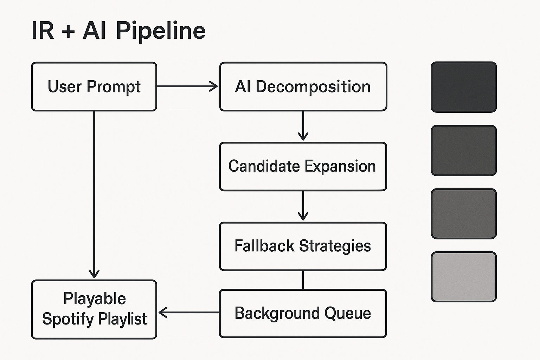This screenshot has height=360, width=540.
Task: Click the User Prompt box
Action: (x=94, y=86)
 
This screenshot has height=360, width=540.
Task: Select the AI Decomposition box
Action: (x=303, y=86)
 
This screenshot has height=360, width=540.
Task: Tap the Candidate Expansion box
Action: (x=303, y=166)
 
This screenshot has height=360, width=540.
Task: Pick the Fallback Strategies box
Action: (x=303, y=246)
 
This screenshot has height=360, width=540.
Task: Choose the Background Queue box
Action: (x=303, y=313)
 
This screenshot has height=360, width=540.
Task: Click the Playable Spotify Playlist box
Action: (x=94, y=309)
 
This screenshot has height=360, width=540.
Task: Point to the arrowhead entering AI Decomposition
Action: (x=214, y=86)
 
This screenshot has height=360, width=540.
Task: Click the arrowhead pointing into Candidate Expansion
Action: (x=303, y=136)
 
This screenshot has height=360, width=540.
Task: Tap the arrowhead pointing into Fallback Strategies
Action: (x=303, y=216)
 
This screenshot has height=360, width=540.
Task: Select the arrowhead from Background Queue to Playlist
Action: (x=163, y=312)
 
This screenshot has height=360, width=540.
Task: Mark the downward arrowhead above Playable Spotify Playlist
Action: (x=94, y=274)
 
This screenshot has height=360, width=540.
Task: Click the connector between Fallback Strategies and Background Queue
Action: (x=303, y=280)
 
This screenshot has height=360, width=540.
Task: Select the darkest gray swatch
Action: (x=464, y=87)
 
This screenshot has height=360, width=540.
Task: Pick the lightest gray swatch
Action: (x=464, y=277)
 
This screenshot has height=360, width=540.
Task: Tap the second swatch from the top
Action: (x=464, y=150)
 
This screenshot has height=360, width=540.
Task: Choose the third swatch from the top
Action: (x=464, y=214)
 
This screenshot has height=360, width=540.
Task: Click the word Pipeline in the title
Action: (x=161, y=31)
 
